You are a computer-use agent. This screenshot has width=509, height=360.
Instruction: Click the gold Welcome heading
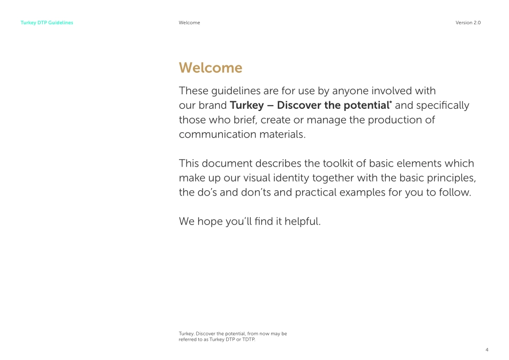click(x=211, y=68)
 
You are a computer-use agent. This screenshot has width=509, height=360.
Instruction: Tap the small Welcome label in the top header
click(x=189, y=23)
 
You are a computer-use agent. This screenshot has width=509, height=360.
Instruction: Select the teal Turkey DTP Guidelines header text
click(x=47, y=23)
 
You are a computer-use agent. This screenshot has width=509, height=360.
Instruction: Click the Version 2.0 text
click(x=468, y=23)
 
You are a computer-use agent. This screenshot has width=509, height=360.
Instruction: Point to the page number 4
click(x=487, y=349)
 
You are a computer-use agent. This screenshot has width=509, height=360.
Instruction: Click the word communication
click(x=214, y=134)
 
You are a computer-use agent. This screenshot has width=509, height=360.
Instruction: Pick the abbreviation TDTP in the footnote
click(x=246, y=339)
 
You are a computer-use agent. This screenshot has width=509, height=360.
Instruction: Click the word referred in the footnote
click(x=188, y=339)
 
